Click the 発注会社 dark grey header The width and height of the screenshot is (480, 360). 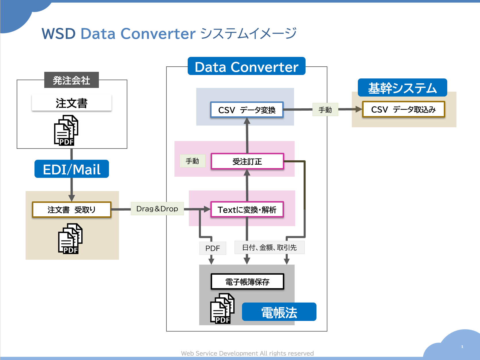pos(72,80)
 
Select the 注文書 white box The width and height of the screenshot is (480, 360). pos(72,103)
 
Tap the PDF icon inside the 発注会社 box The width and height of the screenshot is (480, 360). pos(66,130)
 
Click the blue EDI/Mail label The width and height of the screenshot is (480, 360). pos(72,169)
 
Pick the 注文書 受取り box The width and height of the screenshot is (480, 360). pos(72,210)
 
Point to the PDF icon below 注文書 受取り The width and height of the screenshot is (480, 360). pos(70,239)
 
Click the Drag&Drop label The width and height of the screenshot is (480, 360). pos(157,209)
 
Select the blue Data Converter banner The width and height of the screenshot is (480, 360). pos(246,66)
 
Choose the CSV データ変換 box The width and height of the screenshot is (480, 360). pos(247,110)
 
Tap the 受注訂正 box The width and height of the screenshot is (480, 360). pos(247,161)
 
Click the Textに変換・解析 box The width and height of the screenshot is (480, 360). pos(247,209)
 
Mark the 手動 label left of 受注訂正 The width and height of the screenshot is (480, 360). pos(193,161)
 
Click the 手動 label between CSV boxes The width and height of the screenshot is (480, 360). pos(325,109)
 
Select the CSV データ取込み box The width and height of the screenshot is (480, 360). pos(404,109)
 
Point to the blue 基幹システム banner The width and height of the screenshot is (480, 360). pos(402,88)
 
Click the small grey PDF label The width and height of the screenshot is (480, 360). pos(213,248)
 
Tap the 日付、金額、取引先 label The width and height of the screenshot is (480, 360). pos(269,247)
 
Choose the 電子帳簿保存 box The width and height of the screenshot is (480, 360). pos(247,282)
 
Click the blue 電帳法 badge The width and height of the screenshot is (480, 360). pos(279,312)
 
